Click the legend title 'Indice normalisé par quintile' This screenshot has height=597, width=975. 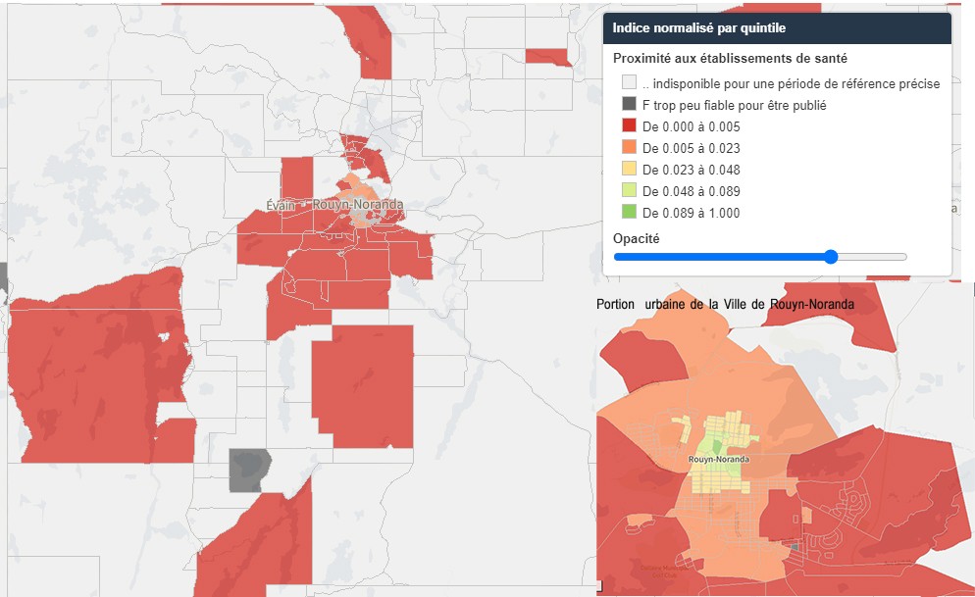pyautogui.click(x=698, y=28)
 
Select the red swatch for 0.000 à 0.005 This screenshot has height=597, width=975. pyautogui.click(x=629, y=126)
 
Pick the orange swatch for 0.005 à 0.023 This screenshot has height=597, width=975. pyautogui.click(x=629, y=148)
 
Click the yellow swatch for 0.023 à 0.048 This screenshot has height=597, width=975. pyautogui.click(x=629, y=170)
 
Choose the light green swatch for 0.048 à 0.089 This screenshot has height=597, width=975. pyautogui.click(x=629, y=191)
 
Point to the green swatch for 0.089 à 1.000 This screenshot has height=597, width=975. pyautogui.click(x=629, y=213)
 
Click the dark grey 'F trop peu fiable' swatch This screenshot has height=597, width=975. pyautogui.click(x=629, y=105)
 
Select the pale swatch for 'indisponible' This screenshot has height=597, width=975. pyautogui.click(x=629, y=83)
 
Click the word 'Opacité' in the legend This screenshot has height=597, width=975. pyautogui.click(x=636, y=238)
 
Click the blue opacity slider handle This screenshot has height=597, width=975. pyautogui.click(x=831, y=257)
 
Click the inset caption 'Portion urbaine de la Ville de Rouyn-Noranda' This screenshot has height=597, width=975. pyautogui.click(x=725, y=305)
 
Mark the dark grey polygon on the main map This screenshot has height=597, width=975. pyautogui.click(x=248, y=470)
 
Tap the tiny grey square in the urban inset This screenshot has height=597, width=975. pyautogui.click(x=794, y=545)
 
